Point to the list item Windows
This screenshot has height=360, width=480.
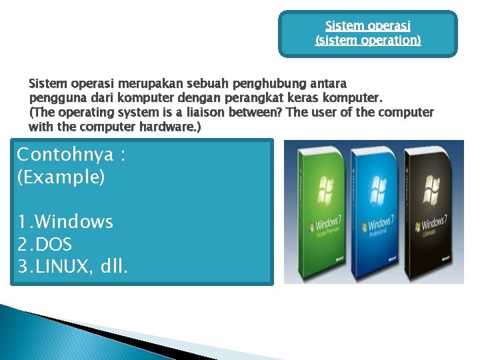(73, 222)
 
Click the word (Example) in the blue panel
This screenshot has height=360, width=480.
(61, 178)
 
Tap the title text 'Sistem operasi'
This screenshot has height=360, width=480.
(367, 26)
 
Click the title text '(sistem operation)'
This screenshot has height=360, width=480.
(367, 40)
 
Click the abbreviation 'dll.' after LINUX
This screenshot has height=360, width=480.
(113, 267)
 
